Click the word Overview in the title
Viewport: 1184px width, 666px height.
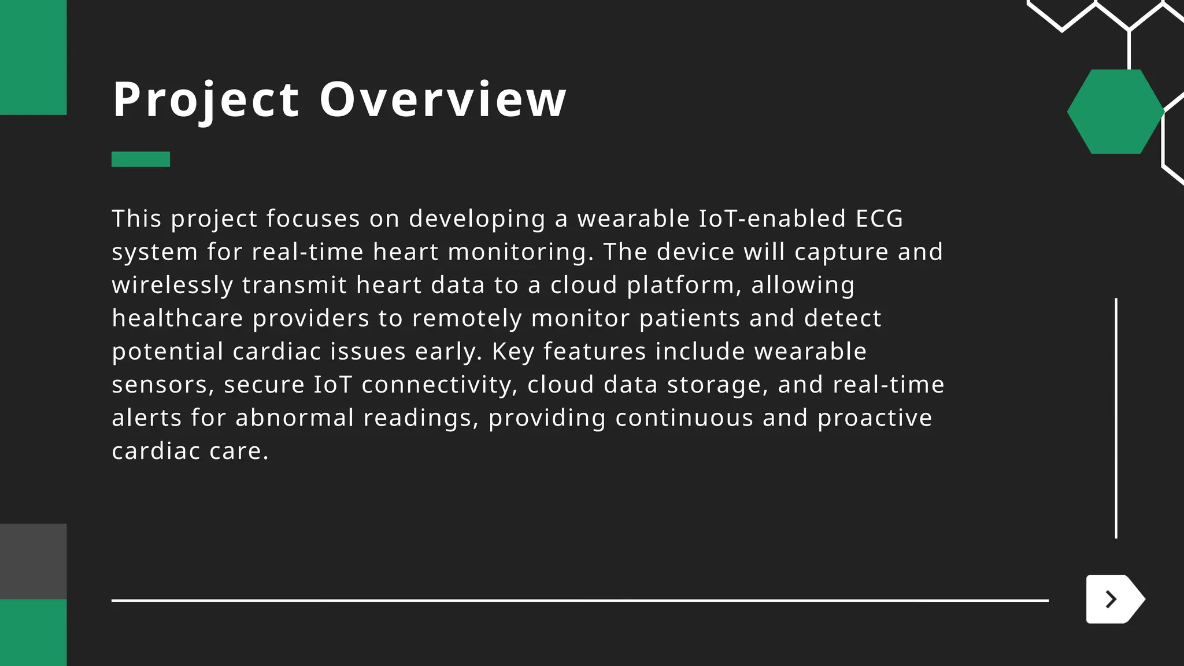coord(443,99)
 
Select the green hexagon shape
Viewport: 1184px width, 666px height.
coord(1115,112)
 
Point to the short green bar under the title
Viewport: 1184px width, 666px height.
coord(140,159)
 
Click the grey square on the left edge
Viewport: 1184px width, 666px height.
coord(33,561)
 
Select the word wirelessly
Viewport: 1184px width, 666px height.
coord(172,285)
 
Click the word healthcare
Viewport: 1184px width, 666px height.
coord(177,319)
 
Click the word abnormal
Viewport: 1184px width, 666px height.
coord(294,418)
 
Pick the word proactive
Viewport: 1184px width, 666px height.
coord(875,418)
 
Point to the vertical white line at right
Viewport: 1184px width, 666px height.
coord(1116,418)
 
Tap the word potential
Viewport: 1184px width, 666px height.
coord(168,351)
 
